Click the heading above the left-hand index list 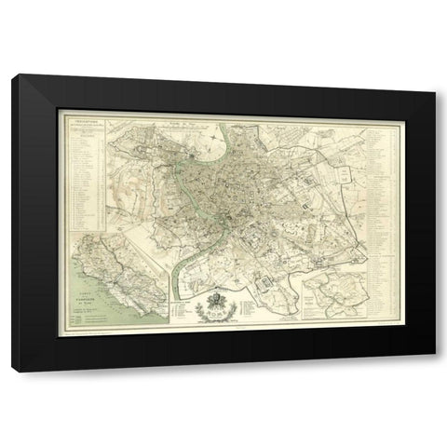tap(83, 118)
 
